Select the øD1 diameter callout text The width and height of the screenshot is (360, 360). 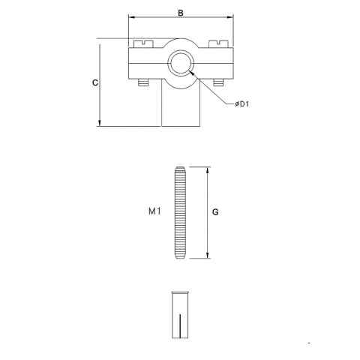click(241, 104)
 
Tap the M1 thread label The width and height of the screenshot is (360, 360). click(155, 212)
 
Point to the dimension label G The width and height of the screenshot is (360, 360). click(214, 212)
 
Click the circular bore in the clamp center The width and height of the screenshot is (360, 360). click(181, 63)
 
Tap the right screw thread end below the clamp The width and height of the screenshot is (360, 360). click(217, 83)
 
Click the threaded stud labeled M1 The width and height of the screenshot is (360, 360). click(181, 212)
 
